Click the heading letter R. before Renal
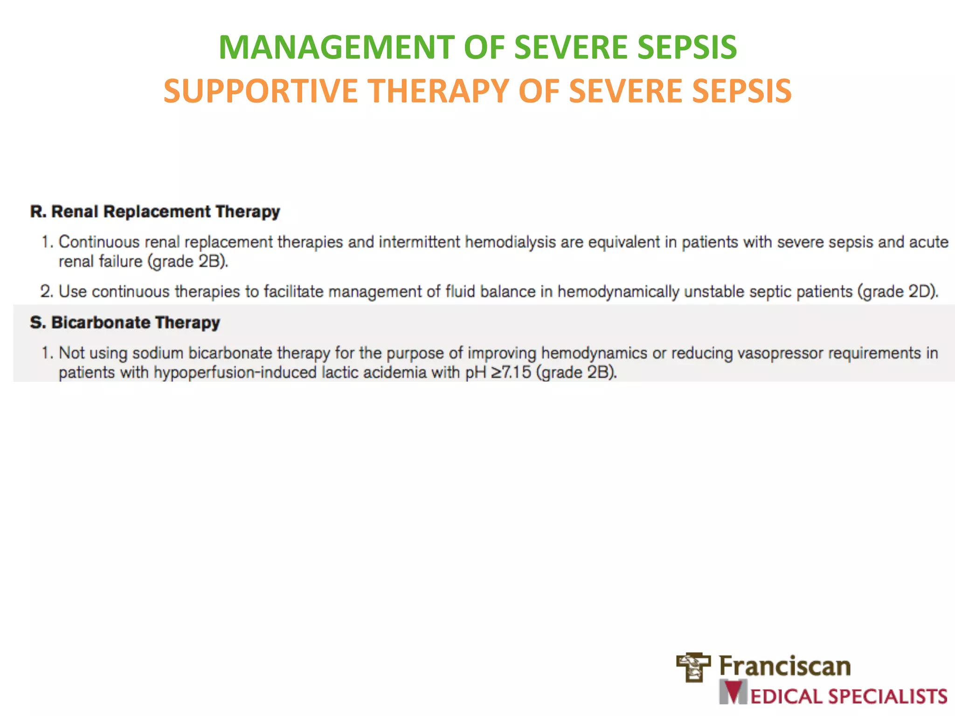[38, 212]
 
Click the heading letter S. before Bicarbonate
[38, 323]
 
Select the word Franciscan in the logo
[785, 666]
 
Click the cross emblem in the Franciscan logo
[693, 667]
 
